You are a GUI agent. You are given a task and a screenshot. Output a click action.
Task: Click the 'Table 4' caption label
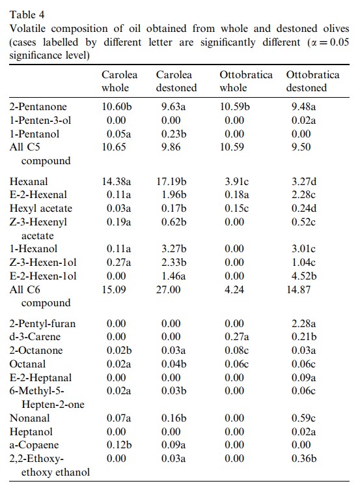tap(27, 15)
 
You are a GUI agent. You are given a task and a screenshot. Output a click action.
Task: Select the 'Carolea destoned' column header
tap(176, 81)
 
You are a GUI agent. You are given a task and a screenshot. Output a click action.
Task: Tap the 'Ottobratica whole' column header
tap(246, 81)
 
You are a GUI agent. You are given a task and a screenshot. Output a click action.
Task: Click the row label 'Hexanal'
tap(29, 181)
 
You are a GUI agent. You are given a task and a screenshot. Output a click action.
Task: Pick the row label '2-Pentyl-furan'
tap(42, 323)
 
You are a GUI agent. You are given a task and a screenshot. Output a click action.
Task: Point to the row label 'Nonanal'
tap(30, 418)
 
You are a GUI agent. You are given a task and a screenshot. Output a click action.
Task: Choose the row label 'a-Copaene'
tap(34, 445)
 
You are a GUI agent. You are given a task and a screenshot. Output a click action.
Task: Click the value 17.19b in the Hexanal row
tap(171, 181)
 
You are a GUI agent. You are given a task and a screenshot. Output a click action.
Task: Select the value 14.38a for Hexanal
tap(117, 181)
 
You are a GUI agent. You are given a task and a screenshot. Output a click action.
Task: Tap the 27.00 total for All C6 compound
tap(169, 289)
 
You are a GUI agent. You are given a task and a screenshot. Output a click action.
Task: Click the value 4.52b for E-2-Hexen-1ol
tap(304, 276)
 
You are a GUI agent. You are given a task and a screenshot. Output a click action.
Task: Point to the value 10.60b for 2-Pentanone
tap(117, 107)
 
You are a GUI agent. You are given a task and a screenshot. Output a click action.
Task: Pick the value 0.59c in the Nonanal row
tap(303, 418)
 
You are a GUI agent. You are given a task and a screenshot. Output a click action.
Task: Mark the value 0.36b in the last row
tap(304, 459)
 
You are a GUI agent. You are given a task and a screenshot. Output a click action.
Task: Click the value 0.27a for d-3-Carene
tap(237, 337)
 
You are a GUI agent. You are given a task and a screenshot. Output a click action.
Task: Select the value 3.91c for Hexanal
tap(237, 181)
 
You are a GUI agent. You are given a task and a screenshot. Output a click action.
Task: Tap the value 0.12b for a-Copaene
tap(119, 445)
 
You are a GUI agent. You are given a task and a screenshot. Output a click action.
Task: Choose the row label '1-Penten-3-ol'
tap(40, 121)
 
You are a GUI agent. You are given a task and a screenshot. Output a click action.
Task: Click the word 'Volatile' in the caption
tap(27, 29)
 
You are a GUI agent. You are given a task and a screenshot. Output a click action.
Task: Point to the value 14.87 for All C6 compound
tap(299, 289)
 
